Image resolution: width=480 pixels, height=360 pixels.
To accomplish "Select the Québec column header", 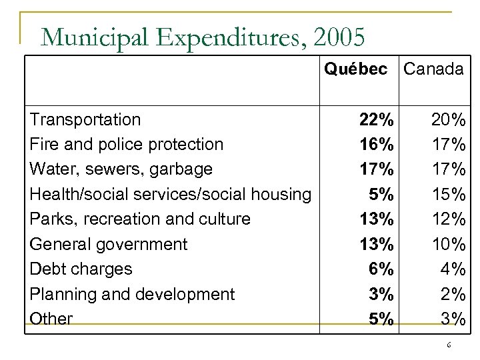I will (355, 69).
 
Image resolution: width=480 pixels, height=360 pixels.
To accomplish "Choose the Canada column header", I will (434, 69).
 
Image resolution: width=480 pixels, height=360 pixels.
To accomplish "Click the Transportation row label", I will (85, 120).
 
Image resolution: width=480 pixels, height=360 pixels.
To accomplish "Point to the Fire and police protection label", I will (127, 145).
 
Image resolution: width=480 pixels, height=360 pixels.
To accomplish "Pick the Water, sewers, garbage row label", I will (121, 169).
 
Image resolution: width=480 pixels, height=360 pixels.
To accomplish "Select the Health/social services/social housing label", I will (171, 194).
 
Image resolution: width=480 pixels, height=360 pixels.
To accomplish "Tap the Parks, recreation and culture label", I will (140, 219).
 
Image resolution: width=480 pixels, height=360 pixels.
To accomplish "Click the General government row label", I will (109, 244).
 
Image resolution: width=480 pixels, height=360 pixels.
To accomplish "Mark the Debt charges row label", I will (81, 269).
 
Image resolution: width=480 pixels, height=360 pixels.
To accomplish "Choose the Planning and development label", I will (133, 294).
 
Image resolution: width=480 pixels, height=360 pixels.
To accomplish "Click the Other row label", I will (51, 319).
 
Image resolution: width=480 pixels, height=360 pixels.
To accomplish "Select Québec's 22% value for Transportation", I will (376, 120).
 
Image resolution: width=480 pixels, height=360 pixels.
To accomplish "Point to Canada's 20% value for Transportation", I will (448, 120).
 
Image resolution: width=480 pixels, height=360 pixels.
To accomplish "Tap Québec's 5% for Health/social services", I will (381, 194).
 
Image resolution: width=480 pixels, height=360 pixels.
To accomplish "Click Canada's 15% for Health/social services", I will (448, 194).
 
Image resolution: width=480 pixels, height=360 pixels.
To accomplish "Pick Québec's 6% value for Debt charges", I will (381, 269).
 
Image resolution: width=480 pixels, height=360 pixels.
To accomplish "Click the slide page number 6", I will (449, 345).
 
